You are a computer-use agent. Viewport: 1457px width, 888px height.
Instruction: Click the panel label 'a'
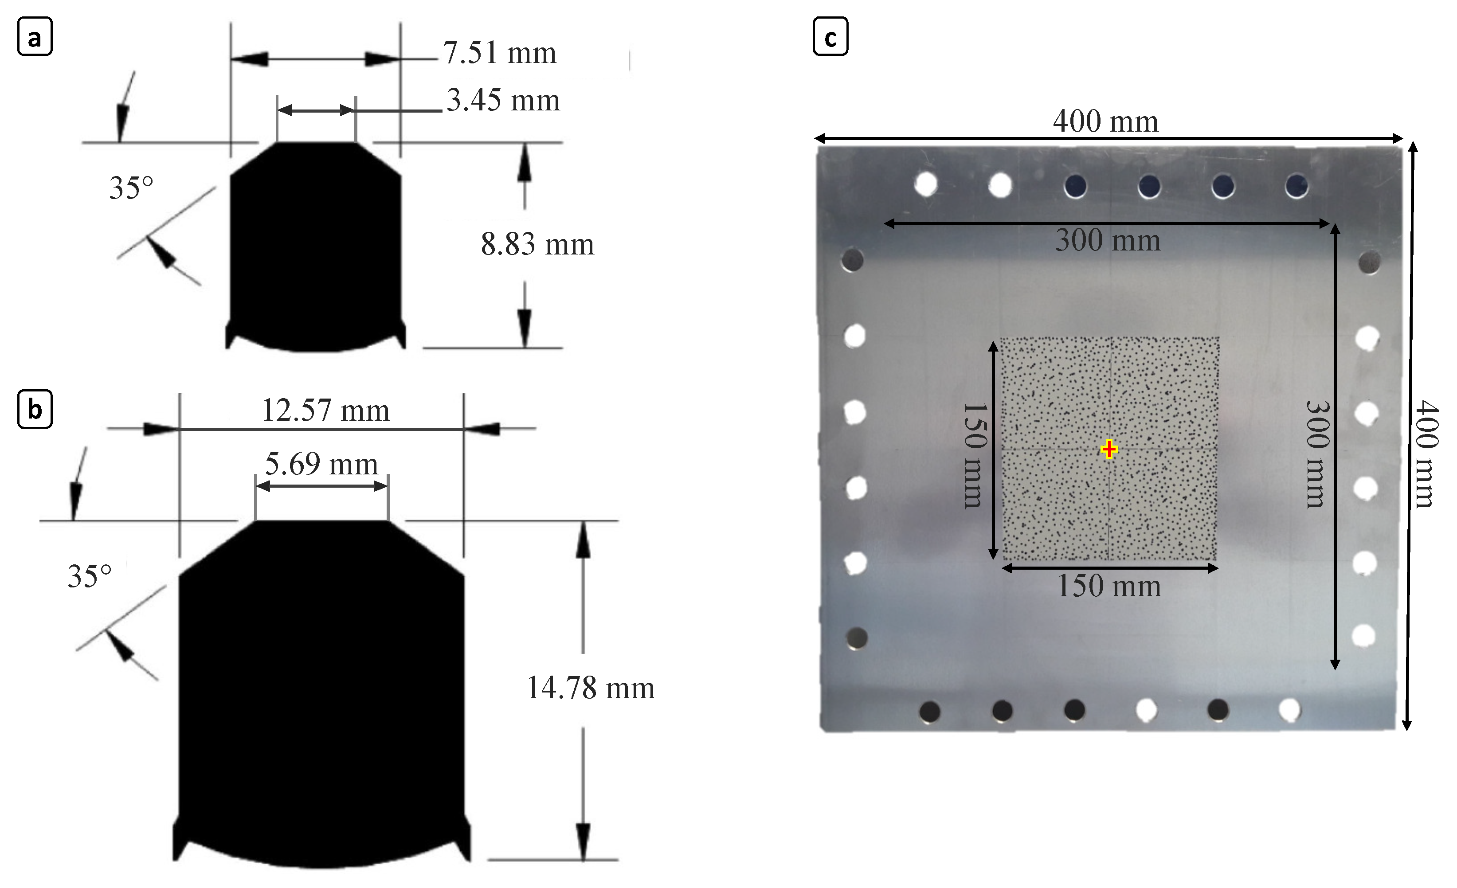pos(35,37)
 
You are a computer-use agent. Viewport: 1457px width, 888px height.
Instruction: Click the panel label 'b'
pos(35,408)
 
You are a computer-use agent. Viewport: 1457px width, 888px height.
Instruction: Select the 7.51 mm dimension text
pos(500,53)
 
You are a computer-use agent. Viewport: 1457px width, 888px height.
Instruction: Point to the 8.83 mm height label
pos(537,244)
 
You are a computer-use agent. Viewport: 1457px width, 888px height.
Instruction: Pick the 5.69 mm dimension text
pos(321,464)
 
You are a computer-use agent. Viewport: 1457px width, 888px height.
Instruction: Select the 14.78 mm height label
pos(590,688)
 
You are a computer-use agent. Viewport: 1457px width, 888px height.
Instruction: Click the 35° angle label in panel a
pos(131,188)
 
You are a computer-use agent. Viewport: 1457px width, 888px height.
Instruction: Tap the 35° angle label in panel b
pos(89,576)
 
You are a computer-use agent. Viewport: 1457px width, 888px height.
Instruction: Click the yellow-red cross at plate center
pos(1109,450)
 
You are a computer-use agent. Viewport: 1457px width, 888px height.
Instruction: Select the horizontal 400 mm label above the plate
pos(1105,122)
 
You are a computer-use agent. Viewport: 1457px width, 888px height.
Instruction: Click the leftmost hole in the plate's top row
pos(925,184)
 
